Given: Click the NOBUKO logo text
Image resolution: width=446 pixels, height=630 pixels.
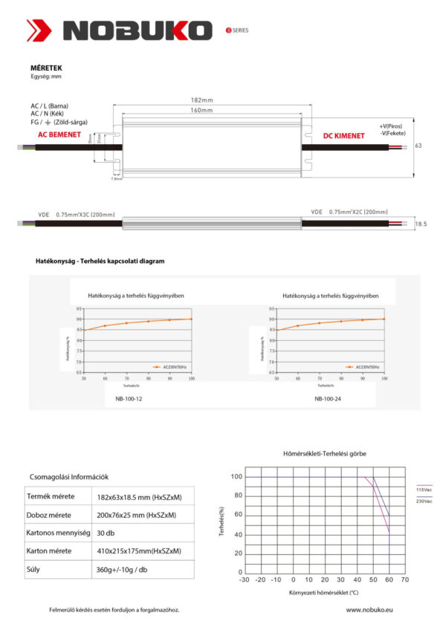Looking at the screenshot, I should [x=138, y=30].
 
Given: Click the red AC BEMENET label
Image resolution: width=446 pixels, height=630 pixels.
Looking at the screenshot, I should [x=61, y=136].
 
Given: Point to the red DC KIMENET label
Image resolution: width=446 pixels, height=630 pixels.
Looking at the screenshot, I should [x=343, y=136].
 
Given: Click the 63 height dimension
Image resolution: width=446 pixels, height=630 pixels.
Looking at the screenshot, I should [x=418, y=146].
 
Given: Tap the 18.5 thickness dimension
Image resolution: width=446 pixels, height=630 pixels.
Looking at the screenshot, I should [x=421, y=223].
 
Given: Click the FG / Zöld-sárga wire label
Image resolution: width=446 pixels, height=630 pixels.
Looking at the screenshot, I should [x=59, y=121].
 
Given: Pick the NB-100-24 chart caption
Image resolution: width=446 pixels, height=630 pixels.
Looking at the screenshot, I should [x=328, y=398].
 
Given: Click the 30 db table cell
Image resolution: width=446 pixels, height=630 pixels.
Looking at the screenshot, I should [x=106, y=533].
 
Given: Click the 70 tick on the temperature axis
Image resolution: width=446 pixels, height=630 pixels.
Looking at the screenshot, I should [x=405, y=579].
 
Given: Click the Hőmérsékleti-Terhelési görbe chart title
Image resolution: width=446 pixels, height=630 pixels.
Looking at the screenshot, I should [x=325, y=453].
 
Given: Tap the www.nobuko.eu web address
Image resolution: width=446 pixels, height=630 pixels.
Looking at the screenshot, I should [x=369, y=609].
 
